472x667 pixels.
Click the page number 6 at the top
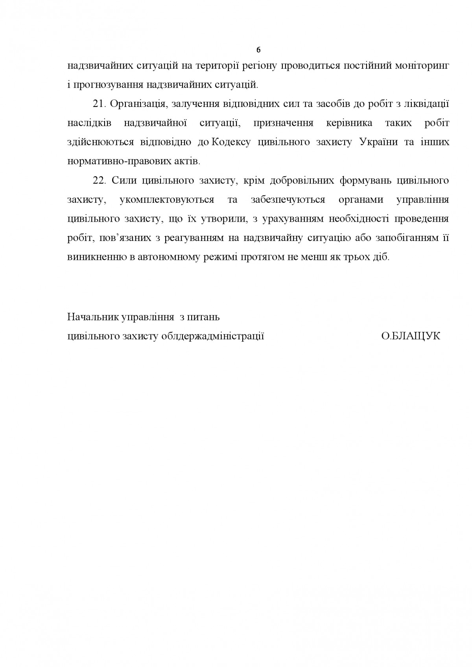[x=258, y=50]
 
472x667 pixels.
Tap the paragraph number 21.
[x=98, y=104]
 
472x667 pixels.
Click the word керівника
[x=349, y=123]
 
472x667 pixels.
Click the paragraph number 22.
[x=98, y=180]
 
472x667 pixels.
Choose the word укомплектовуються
[x=166, y=200]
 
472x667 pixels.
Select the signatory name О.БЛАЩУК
[x=411, y=336]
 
